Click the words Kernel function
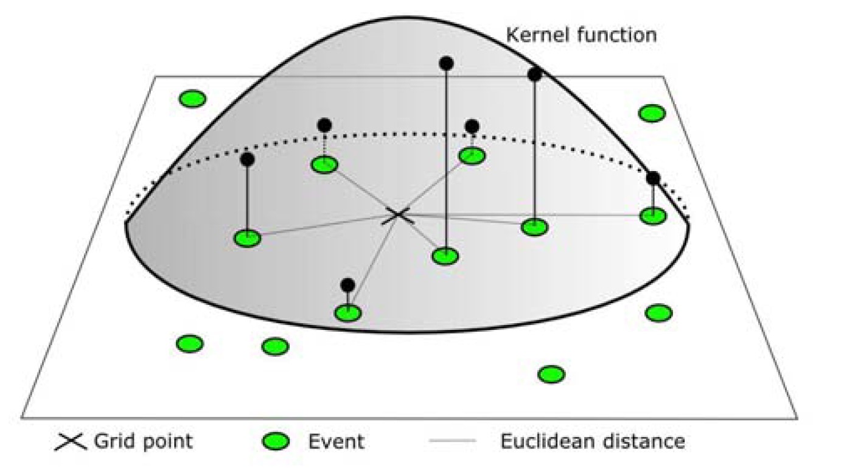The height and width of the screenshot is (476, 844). [x=581, y=35]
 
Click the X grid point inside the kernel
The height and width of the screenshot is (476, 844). [x=398, y=215]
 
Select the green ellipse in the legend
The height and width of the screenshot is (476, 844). [x=276, y=441]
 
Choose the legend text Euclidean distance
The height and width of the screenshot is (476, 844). [x=592, y=441]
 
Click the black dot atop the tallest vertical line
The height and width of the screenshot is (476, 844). [x=446, y=63]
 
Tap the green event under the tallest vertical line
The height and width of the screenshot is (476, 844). [x=445, y=256]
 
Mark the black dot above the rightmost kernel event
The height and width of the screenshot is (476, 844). [x=653, y=178]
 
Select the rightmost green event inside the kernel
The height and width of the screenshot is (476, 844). [x=653, y=215]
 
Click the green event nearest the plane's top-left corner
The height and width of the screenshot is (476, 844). [x=193, y=99]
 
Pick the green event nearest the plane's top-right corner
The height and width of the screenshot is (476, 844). [x=652, y=113]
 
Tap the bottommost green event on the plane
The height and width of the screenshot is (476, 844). [x=551, y=374]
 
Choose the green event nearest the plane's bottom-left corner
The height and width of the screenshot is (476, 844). [x=189, y=343]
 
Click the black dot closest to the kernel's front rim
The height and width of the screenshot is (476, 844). [x=347, y=285]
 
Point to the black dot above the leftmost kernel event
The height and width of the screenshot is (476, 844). [x=247, y=159]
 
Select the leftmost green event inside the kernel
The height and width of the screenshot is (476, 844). [x=248, y=238]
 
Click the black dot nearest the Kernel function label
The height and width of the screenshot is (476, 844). [x=535, y=75]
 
